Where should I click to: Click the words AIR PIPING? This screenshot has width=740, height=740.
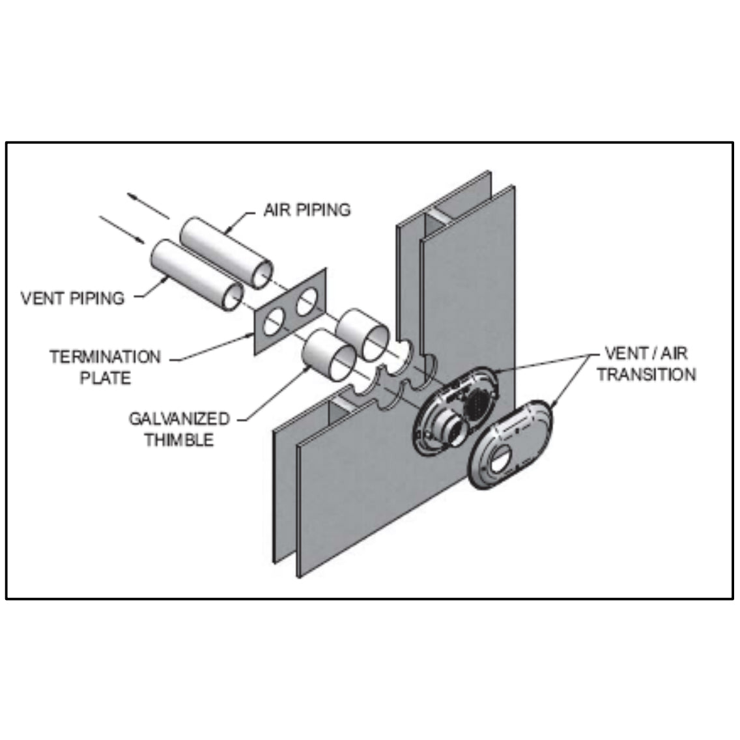307,210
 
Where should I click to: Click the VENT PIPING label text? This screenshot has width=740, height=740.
72,298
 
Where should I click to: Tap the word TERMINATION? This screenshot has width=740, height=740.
105,357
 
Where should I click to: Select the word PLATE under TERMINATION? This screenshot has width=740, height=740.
105,378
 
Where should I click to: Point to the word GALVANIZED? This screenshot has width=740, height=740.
178,418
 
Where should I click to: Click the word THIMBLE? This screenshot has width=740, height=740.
178,440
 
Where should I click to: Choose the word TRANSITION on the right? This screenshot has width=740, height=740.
646,375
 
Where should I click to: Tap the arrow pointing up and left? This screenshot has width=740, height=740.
148,205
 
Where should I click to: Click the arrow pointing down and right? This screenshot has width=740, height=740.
122,230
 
